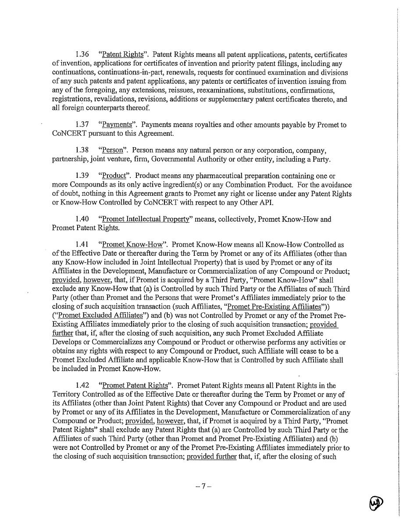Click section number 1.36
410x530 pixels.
82,55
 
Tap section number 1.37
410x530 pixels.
82,125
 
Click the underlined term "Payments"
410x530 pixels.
117,125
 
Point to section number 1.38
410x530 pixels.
82,151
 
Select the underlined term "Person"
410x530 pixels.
112,151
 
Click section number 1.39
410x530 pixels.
82,176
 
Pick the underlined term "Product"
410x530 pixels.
114,176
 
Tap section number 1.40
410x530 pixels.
82,219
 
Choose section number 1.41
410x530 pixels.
82,245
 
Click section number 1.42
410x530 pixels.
82,385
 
